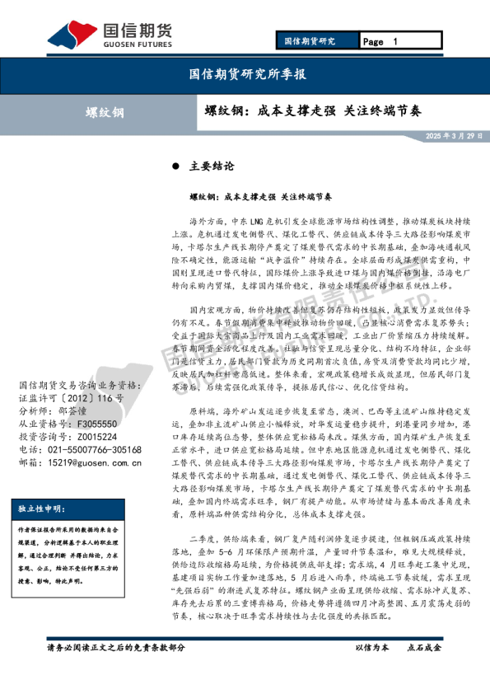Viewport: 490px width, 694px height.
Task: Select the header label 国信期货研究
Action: click(x=309, y=41)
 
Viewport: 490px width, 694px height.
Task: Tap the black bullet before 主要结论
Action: click(x=175, y=166)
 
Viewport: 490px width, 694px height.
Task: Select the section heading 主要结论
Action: click(x=207, y=166)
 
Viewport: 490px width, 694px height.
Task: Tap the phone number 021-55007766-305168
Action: click(x=92, y=450)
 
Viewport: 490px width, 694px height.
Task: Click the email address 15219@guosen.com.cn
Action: click(x=96, y=464)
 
